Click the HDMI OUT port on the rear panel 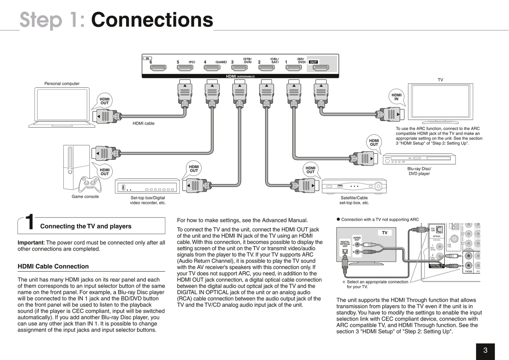point(321,68)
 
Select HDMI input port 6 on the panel point(158,68)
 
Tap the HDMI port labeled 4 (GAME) point(212,68)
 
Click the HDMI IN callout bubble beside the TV point(396,97)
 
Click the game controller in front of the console point(90,183)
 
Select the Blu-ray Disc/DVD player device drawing point(419,159)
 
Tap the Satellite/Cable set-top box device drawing point(354,186)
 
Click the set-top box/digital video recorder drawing point(147,186)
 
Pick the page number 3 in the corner point(485,350)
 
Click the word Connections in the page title point(152,20)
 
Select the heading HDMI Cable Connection point(53,266)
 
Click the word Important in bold point(30,242)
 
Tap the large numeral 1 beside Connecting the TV point(30,223)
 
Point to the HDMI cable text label point(143,124)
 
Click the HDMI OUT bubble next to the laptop point(104,101)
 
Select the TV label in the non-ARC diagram point(384,233)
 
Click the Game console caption point(85,197)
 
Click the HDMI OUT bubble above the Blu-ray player point(374,143)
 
